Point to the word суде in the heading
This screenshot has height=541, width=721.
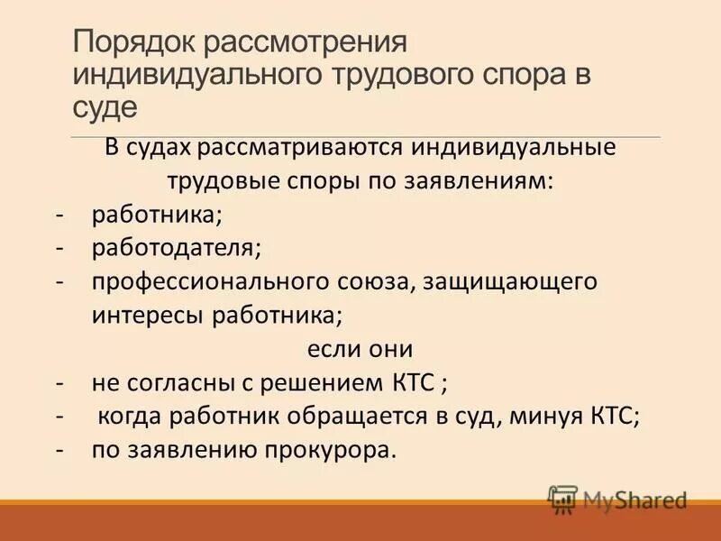[105, 107]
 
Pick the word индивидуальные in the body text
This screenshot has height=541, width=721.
[500, 148]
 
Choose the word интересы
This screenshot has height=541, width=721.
[148, 315]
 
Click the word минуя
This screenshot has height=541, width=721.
[545, 416]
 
